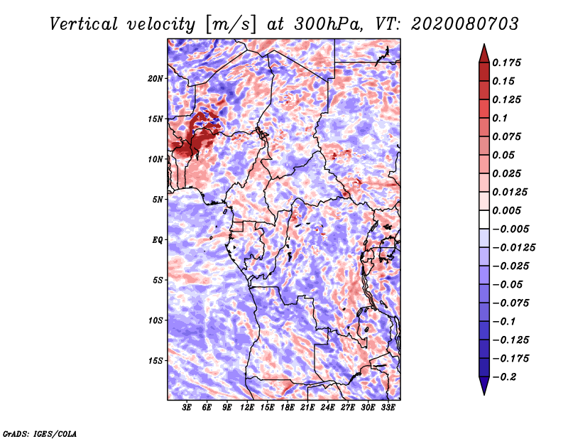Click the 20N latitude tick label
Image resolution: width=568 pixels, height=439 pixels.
tap(155, 78)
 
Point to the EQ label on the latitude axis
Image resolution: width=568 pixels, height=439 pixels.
tap(158, 239)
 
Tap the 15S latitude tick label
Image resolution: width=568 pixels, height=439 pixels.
tap(155, 360)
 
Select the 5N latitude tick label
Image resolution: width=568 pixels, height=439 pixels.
tap(158, 199)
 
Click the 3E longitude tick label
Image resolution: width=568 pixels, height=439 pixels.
tap(187, 408)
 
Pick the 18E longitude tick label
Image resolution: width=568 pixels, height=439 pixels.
tap(288, 408)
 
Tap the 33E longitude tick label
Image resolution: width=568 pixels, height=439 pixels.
tap(388, 408)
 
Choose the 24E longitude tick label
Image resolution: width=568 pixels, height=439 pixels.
tap(327, 408)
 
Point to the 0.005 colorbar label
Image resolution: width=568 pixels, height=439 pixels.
tap(508, 210)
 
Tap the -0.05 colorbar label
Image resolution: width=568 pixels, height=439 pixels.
tap(511, 284)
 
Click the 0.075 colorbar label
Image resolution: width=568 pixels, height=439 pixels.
tap(508, 136)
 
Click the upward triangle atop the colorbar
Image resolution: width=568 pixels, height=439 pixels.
tap(484, 52)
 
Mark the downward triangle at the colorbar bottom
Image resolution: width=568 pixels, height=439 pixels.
tap(484, 387)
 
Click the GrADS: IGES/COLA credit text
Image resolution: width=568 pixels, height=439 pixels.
tap(40, 433)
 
